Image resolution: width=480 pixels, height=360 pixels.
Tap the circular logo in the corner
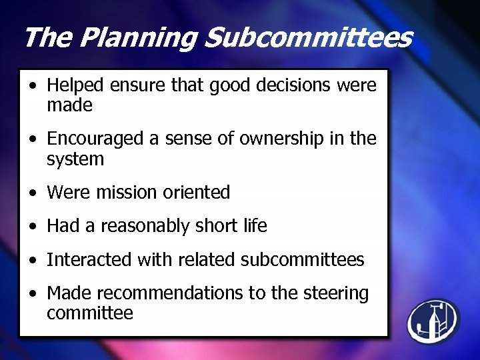pos(434,320)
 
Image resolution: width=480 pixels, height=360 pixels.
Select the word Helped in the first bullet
pos(75,85)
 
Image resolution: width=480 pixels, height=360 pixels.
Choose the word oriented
pos(197,193)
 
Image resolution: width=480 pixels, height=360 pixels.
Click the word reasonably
pos(138,226)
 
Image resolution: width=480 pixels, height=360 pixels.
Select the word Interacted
pos(89,259)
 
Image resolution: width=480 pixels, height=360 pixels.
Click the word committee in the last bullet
pos(90,313)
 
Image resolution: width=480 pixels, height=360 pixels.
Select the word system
pos(75,159)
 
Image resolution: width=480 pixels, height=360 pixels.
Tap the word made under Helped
pos(69,105)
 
